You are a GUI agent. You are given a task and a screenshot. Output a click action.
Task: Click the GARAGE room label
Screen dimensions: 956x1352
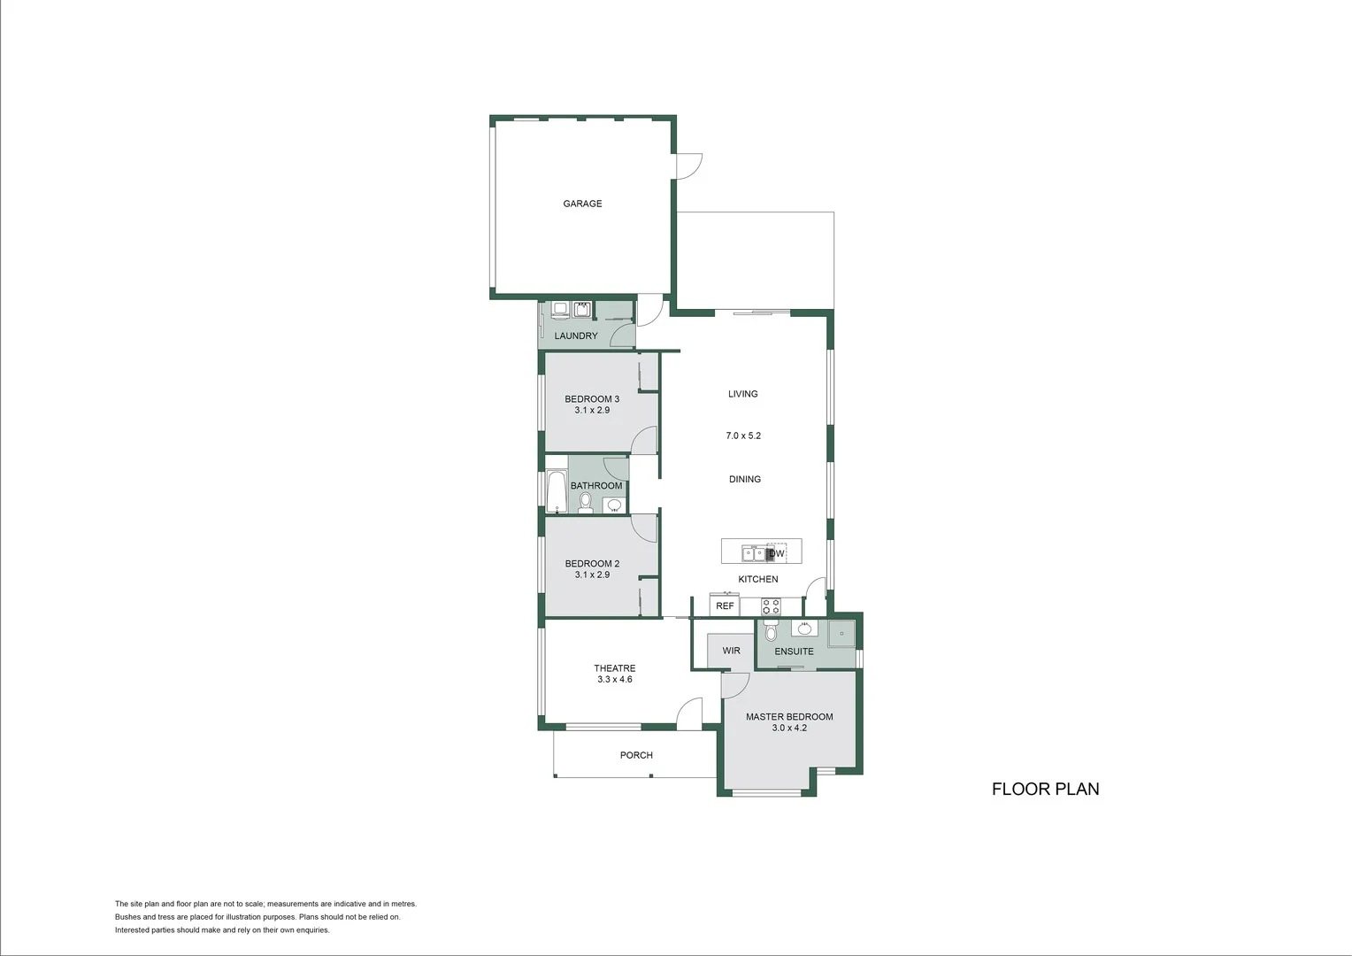click(x=582, y=204)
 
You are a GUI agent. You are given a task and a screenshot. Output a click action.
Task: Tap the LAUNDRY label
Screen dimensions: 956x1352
click(x=576, y=336)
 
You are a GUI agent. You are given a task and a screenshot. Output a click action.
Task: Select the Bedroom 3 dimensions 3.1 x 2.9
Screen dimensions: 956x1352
click(x=592, y=411)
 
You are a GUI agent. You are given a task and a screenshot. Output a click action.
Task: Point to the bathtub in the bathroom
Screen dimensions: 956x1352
click(x=556, y=492)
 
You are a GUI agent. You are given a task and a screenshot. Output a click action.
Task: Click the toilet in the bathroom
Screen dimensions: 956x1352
click(x=585, y=503)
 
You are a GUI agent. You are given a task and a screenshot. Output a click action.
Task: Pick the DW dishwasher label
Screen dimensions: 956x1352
click(x=777, y=554)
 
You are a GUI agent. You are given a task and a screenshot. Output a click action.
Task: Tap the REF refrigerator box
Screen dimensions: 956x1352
click(x=725, y=606)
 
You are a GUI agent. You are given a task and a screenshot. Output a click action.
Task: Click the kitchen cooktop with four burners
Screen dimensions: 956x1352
click(x=772, y=606)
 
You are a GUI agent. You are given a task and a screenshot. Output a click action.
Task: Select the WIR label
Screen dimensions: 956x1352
click(x=731, y=651)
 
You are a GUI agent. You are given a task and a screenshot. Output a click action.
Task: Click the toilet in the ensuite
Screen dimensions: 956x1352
click(x=770, y=632)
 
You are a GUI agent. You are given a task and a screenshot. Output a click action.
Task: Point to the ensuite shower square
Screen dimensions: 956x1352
click(x=842, y=633)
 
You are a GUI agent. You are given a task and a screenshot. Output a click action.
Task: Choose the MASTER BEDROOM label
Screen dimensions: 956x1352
click(x=789, y=717)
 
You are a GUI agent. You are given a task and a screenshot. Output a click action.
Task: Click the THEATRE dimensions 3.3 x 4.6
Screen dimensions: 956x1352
click(x=614, y=680)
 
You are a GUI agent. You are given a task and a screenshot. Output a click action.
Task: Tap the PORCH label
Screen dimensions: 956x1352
click(x=636, y=755)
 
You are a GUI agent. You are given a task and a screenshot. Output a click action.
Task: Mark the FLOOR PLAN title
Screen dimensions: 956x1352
click(x=1045, y=789)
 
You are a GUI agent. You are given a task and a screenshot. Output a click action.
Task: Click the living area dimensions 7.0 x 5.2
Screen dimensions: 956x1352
click(x=743, y=436)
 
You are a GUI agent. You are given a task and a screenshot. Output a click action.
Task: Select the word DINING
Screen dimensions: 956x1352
click(x=745, y=479)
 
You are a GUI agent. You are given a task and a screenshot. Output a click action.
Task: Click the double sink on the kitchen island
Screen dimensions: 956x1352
click(x=753, y=554)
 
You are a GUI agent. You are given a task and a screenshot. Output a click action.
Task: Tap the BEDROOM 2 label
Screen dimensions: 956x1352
click(x=592, y=564)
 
